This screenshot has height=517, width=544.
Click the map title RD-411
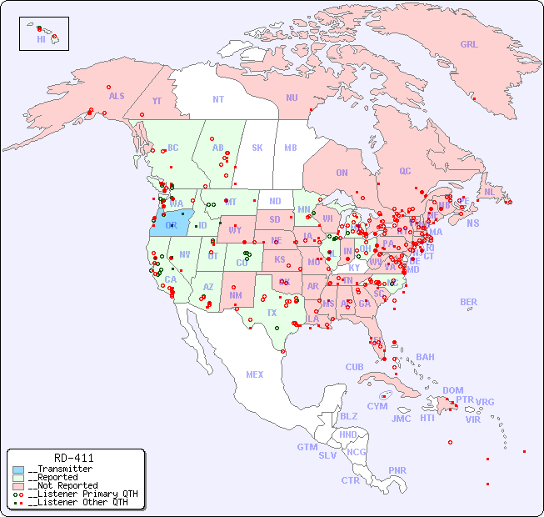pyautogui.click(x=73, y=458)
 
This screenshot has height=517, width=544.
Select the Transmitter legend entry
pyautogui.click(x=61, y=469)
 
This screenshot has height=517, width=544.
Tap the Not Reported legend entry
pyautogui.click(x=62, y=485)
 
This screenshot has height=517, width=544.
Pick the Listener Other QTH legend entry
pyautogui.click(x=77, y=502)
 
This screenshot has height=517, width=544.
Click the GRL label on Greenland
pyautogui.click(x=469, y=45)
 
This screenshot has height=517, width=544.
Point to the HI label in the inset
pyautogui.click(x=41, y=39)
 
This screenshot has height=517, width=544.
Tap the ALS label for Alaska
pyautogui.click(x=117, y=96)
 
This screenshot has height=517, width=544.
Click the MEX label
pyautogui.click(x=255, y=374)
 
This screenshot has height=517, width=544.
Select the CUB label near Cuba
pyautogui.click(x=355, y=367)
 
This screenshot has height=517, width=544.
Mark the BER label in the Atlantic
pyautogui.click(x=468, y=302)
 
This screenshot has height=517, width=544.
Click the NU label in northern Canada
pyautogui.click(x=292, y=98)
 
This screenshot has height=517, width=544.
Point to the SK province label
pyautogui.click(x=257, y=148)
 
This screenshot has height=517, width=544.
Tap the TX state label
pyautogui.click(x=272, y=313)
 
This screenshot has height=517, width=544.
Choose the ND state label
pyautogui.click(x=275, y=201)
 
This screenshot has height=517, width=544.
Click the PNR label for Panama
pyautogui.click(x=397, y=470)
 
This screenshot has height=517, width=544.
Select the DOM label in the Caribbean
pyautogui.click(x=452, y=390)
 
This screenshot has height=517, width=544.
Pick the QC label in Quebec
pyautogui.click(x=405, y=171)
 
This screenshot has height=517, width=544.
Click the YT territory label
pyautogui.click(x=157, y=101)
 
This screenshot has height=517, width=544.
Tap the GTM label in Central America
pyautogui.click(x=307, y=447)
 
